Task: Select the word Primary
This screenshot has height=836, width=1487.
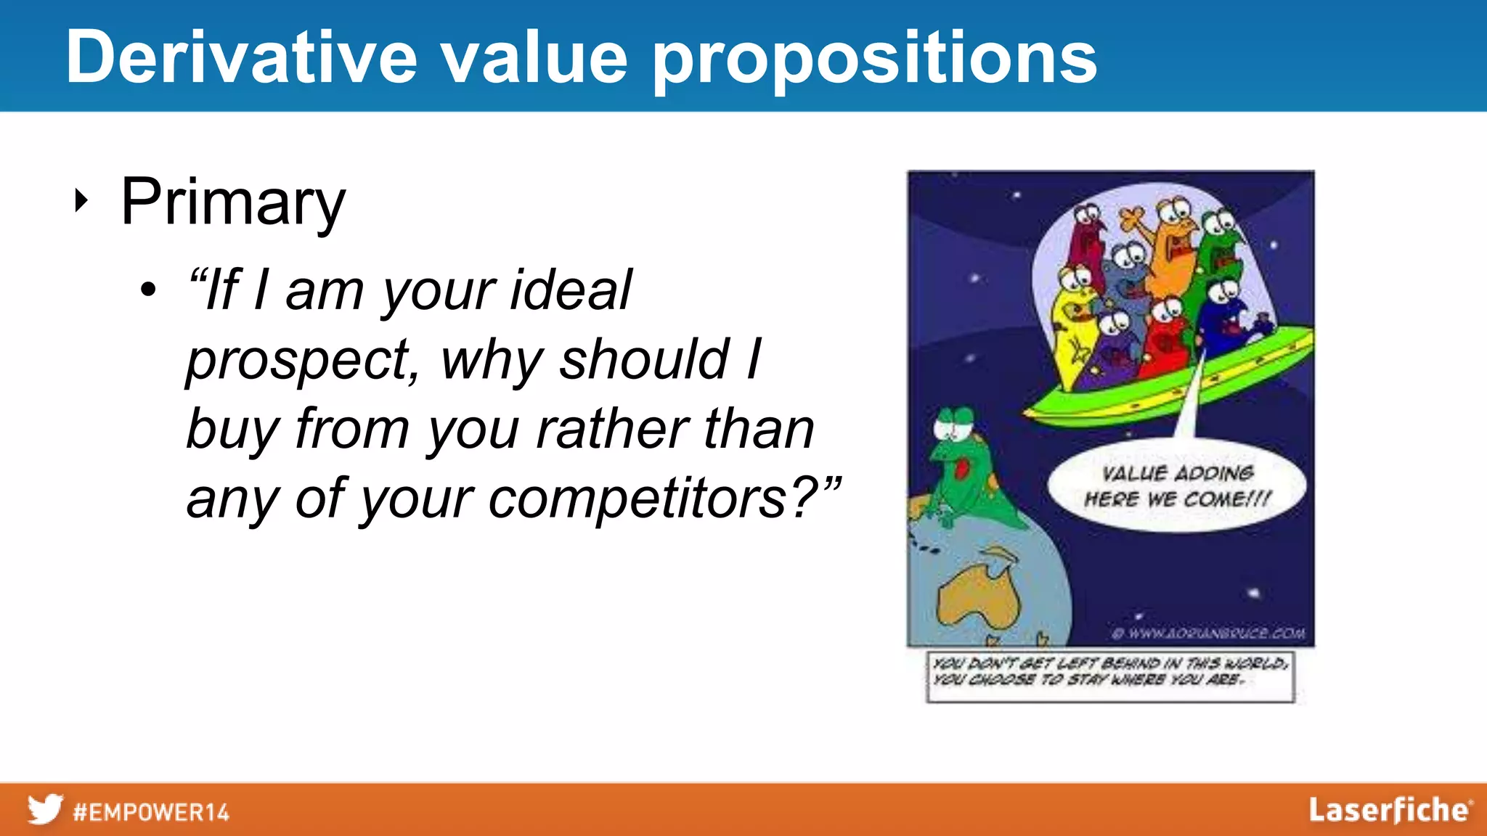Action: pyautogui.click(x=232, y=202)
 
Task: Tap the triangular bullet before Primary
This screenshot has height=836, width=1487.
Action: pyautogui.click(x=81, y=200)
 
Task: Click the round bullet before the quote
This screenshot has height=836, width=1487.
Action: pyautogui.click(x=148, y=290)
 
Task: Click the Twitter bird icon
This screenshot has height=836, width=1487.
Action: pyautogui.click(x=45, y=809)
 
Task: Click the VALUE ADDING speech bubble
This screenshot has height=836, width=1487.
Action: pyautogui.click(x=1176, y=486)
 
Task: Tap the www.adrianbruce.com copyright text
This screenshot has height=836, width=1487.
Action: pyautogui.click(x=1209, y=634)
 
